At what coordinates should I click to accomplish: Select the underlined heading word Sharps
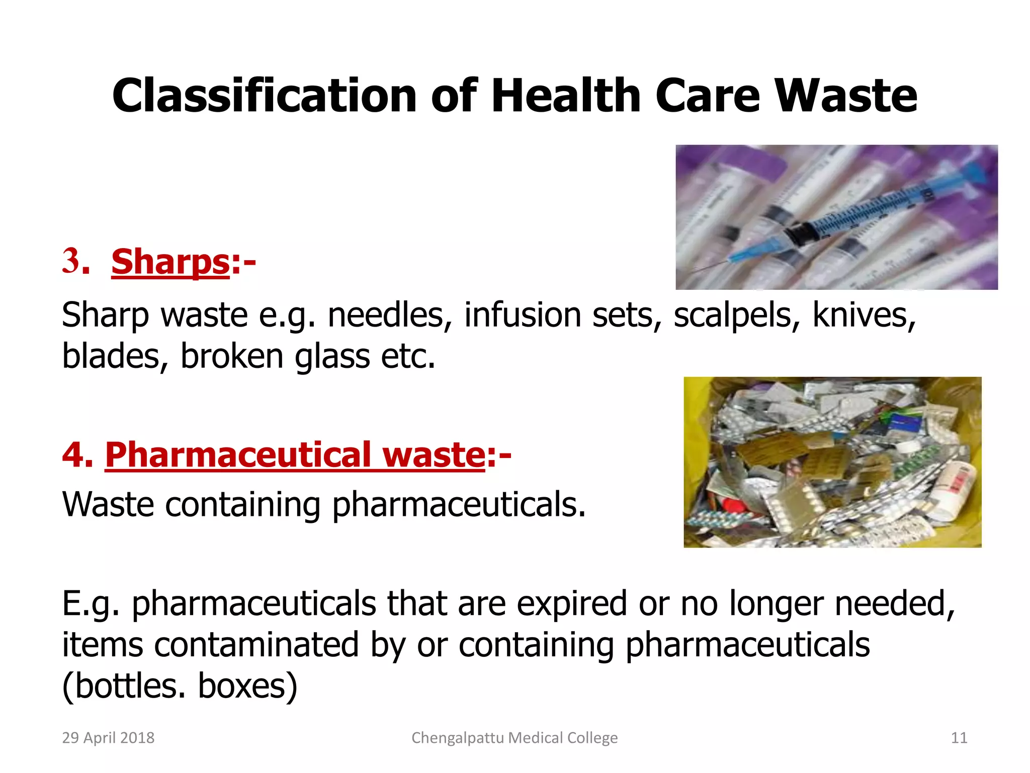(170, 262)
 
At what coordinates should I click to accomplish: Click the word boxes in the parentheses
(247, 685)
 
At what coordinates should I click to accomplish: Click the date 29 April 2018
(108, 738)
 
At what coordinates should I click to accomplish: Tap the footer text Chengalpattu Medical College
(514, 738)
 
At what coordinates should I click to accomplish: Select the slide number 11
(959, 738)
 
